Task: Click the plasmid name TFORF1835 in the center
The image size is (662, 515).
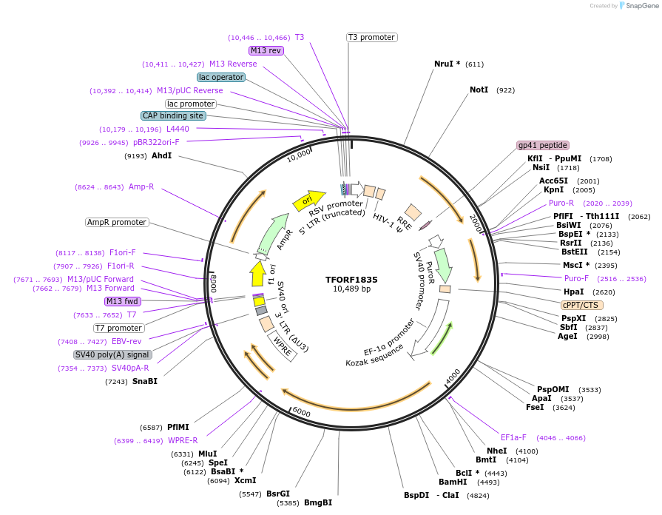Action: pos(351,280)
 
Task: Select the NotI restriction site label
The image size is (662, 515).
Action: pos(479,90)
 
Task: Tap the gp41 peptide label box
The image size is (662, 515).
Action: pos(543,145)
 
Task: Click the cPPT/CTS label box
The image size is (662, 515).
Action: pos(581,305)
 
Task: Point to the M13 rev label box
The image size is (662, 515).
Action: pos(266,50)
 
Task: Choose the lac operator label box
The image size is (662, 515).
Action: pos(221,77)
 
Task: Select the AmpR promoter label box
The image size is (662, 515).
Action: pos(117,222)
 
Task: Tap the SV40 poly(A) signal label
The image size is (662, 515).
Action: pos(112,354)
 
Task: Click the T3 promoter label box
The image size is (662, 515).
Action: pos(372,37)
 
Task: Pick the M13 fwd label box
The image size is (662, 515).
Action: pos(123,301)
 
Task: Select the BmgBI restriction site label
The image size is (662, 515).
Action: pos(317,502)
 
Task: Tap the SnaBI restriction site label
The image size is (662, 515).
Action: pos(145,381)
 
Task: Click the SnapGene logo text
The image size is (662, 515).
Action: pos(639,5)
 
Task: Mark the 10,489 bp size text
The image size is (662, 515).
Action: pos(351,289)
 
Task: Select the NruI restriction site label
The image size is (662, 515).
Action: pos(444,64)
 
